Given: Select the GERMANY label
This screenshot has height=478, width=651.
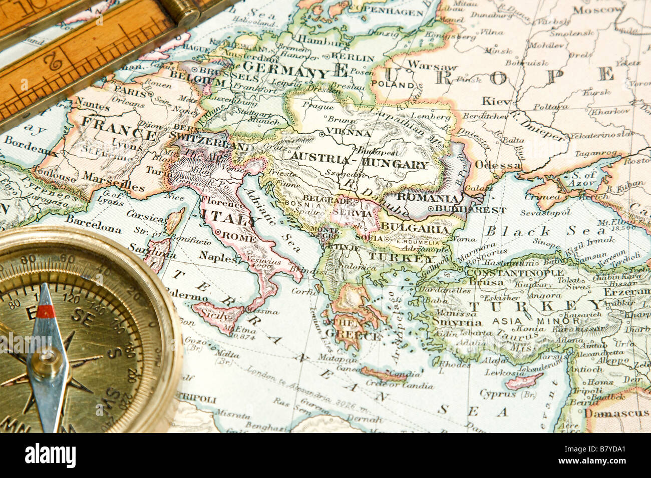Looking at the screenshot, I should pyautogui.click(x=284, y=71).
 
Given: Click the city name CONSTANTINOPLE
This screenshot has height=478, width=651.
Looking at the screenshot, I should pyautogui.click(x=507, y=272).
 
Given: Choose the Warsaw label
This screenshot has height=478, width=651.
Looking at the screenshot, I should pyautogui.click(x=432, y=66).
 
